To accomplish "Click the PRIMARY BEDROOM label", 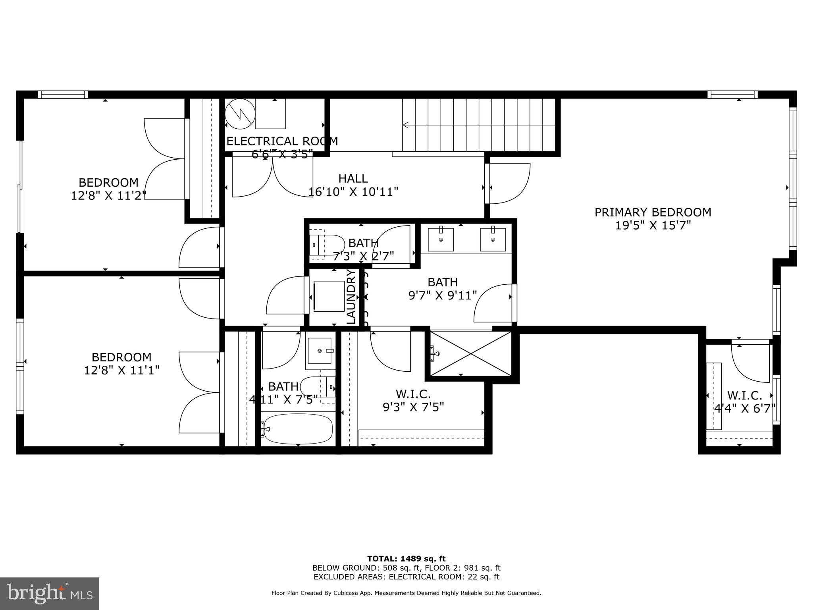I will [x=653, y=212].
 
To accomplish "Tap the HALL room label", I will [x=353, y=178].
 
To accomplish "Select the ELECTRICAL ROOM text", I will [x=282, y=141].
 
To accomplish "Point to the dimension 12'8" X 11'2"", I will [x=108, y=195].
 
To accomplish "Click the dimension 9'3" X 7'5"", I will [x=413, y=407].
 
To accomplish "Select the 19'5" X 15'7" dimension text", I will [x=653, y=226].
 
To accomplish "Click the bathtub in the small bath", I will [x=298, y=429].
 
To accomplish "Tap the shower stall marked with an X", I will [x=471, y=353].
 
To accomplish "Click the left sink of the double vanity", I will [x=441, y=239].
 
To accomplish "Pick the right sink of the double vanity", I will [x=493, y=239].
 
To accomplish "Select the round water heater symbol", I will [x=239, y=114].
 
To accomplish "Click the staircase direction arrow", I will [x=406, y=125].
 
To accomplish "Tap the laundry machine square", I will [x=329, y=296].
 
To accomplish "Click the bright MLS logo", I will [x=50, y=594].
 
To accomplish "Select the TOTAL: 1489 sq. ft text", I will [x=406, y=559].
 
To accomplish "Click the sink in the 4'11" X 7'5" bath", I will [x=320, y=351].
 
